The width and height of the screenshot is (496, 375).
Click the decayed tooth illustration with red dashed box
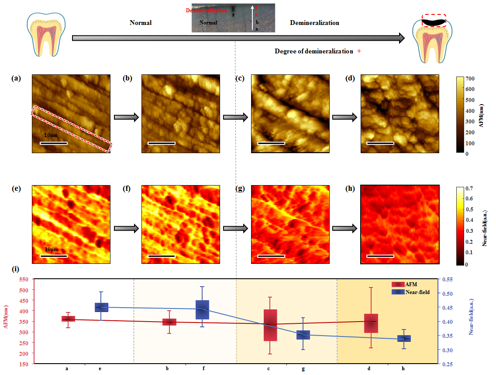pyautogui.click(x=434, y=39)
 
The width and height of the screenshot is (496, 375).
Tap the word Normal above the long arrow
pyautogui.click(x=141, y=23)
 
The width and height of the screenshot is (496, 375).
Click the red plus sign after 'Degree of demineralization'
pyautogui.click(x=359, y=51)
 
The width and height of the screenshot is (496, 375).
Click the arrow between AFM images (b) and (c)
pyautogui.click(x=235, y=117)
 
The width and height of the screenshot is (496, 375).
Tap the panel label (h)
pyautogui.click(x=350, y=189)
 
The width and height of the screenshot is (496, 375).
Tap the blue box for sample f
pyautogui.click(x=202, y=309)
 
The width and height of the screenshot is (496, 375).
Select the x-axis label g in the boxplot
pyautogui.click(x=303, y=369)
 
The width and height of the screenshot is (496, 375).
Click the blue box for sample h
pyautogui.click(x=403, y=338)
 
